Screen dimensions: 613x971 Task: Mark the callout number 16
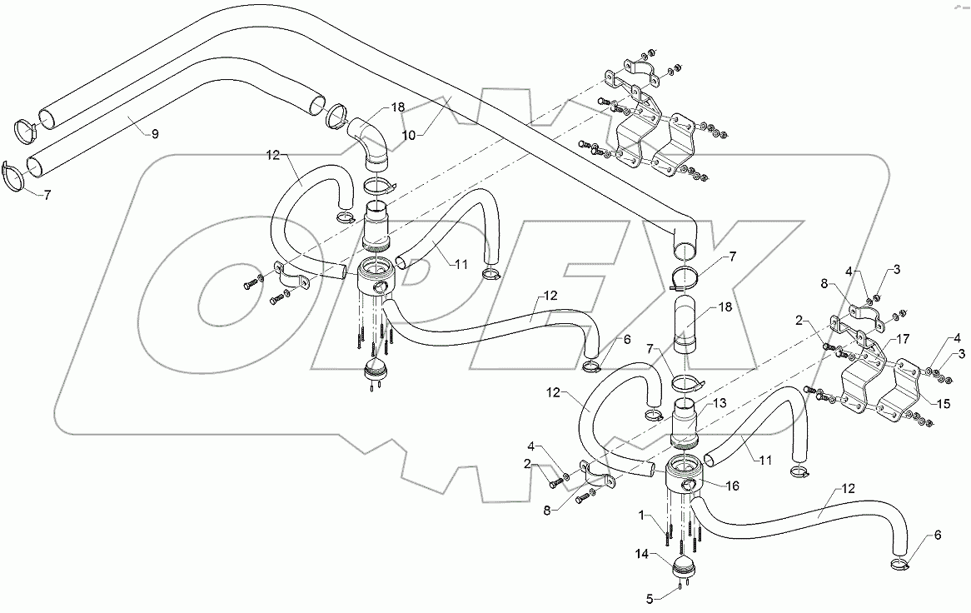click(x=733, y=485)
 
